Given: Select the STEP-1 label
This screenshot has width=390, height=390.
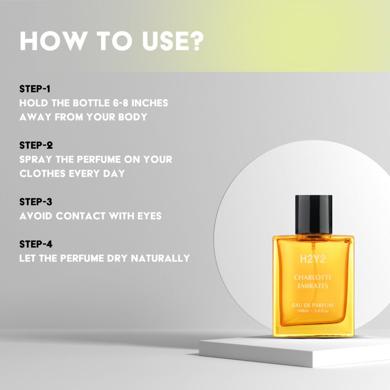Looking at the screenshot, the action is click(x=35, y=89).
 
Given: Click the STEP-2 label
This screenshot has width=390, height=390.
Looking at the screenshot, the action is click(x=36, y=145).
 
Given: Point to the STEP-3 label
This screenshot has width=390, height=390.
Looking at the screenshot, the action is click(x=36, y=202).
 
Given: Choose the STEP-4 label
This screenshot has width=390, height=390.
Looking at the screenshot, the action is click(x=36, y=244).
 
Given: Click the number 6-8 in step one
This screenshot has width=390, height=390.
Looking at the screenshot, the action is click(x=121, y=103).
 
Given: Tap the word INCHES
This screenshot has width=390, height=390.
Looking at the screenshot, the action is click(x=150, y=103).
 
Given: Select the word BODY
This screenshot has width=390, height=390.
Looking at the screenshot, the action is click(x=133, y=117).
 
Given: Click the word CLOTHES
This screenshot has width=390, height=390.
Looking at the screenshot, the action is click(x=42, y=174).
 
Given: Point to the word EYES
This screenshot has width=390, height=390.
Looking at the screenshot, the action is click(x=149, y=216).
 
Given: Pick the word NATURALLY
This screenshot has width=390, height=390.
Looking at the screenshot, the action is click(x=160, y=258).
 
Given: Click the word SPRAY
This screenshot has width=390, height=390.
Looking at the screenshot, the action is click(x=36, y=160).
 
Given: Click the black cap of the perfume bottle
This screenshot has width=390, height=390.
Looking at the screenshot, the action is click(x=314, y=214).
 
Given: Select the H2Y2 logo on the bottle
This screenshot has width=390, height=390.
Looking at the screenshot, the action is click(x=313, y=259).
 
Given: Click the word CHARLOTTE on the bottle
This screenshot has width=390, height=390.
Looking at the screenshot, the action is click(x=313, y=277).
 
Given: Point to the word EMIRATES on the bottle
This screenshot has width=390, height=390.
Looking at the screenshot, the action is click(x=313, y=286).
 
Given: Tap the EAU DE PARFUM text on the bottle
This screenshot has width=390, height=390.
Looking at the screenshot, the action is click(x=313, y=305).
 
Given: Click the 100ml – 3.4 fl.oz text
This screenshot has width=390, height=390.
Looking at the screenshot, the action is click(x=313, y=311).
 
